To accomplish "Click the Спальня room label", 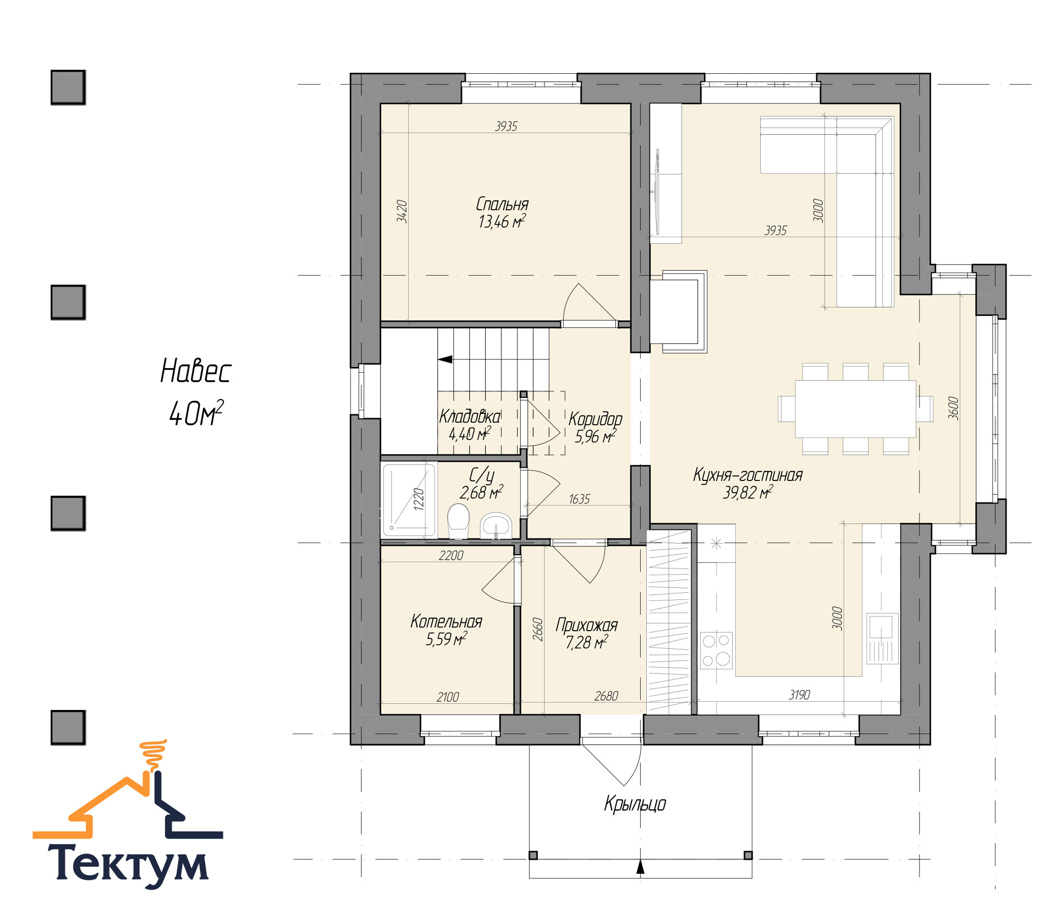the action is (x=502, y=204).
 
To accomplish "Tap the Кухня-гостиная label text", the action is (x=747, y=475).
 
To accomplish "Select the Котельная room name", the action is (x=446, y=622).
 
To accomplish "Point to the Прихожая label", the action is (x=586, y=626).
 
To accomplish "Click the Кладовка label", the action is (x=470, y=417).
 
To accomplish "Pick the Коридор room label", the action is (x=595, y=419).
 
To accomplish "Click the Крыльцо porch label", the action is (x=635, y=804).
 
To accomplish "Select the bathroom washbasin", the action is (x=496, y=526).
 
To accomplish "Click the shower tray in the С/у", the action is (x=409, y=500).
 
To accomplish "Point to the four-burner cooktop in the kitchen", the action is (x=716, y=650).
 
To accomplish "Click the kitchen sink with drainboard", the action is (x=882, y=638).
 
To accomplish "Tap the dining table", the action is (x=855, y=409).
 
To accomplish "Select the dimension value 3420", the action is (x=402, y=211).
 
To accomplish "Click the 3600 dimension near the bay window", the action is (x=954, y=408).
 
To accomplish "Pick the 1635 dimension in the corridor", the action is (x=579, y=499).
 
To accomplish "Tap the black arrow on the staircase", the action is (x=445, y=359).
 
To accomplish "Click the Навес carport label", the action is (x=196, y=371).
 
